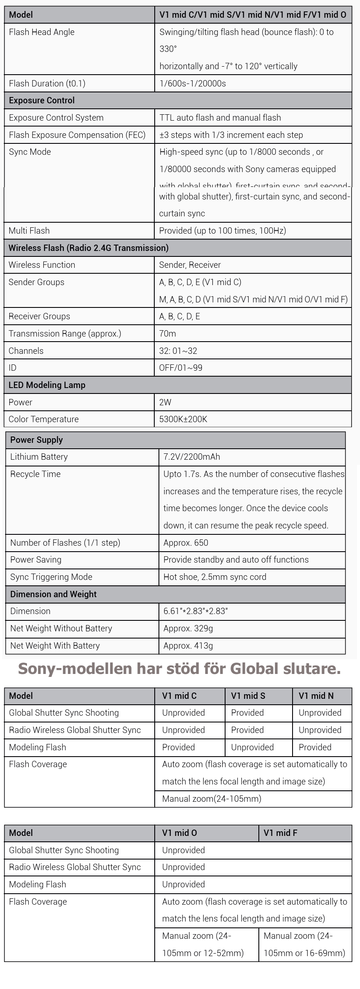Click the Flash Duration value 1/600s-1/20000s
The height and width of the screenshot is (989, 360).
(x=193, y=84)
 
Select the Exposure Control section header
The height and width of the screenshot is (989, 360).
(x=42, y=100)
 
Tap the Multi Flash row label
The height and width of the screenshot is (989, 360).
(x=29, y=231)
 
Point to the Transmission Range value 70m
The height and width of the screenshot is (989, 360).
(x=168, y=334)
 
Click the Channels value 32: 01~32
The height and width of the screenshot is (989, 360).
(x=178, y=351)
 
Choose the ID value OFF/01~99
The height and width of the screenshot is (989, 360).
(x=180, y=368)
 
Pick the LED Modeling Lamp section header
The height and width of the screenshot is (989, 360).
(x=47, y=385)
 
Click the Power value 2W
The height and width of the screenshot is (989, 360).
(x=165, y=402)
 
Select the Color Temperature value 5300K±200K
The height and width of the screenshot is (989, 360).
(x=183, y=419)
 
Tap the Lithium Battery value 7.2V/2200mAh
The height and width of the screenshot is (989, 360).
(x=192, y=457)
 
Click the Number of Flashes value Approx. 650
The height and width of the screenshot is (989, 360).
(x=186, y=543)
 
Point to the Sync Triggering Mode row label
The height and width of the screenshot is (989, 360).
(x=51, y=577)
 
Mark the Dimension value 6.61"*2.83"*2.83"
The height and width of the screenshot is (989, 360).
(x=196, y=611)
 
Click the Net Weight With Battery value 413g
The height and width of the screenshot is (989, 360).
(x=188, y=646)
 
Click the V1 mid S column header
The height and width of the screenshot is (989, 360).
(x=248, y=696)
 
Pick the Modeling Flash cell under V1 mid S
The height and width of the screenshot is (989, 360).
(x=252, y=747)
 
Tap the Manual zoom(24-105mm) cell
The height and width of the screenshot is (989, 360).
(x=212, y=799)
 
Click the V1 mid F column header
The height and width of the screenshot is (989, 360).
(x=280, y=833)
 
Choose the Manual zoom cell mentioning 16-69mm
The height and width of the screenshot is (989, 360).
(x=304, y=944)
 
